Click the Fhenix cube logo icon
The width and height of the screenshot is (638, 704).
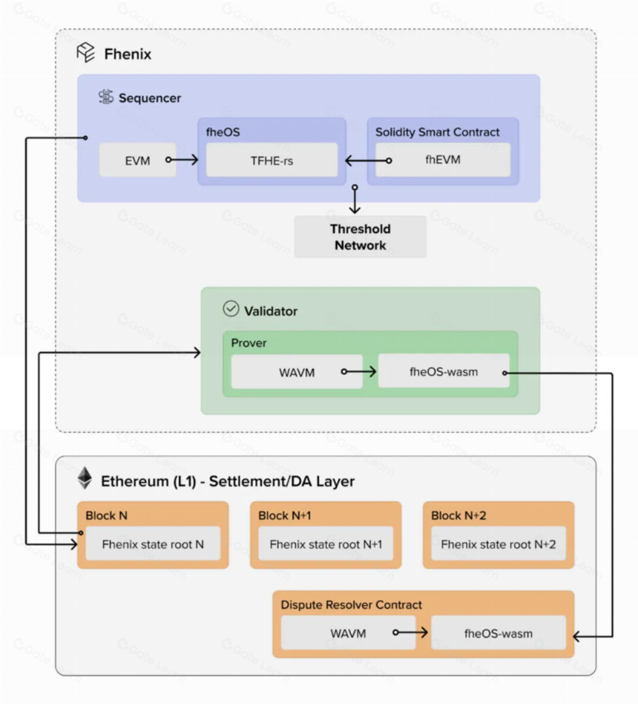tap(86, 53)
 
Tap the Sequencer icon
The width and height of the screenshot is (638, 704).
tap(106, 97)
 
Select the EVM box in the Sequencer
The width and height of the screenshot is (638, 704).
tap(138, 160)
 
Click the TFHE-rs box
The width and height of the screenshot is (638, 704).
tap(272, 160)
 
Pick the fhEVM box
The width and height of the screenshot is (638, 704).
tap(443, 160)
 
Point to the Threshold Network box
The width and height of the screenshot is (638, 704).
tap(361, 237)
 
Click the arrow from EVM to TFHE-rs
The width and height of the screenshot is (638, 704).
tap(182, 160)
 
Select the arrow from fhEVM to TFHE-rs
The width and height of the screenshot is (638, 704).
tap(368, 160)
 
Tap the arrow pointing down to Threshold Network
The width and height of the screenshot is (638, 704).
tap(355, 199)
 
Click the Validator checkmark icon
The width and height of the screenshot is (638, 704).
tap(231, 309)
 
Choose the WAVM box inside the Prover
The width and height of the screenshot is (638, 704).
tap(297, 372)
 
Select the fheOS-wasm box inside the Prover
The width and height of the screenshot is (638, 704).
tap(444, 371)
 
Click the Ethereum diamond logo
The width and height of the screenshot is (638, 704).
tap(85, 478)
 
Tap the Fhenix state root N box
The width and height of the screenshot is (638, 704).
tap(153, 544)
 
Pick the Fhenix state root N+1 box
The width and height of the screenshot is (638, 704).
tap(326, 544)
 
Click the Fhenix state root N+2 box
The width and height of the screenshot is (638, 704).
tap(499, 544)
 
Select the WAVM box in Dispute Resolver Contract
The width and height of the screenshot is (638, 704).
tap(348, 633)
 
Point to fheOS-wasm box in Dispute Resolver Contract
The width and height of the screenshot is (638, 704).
tap(499, 633)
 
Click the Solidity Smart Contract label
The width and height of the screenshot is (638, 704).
tap(438, 132)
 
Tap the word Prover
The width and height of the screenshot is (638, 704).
tap(249, 343)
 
